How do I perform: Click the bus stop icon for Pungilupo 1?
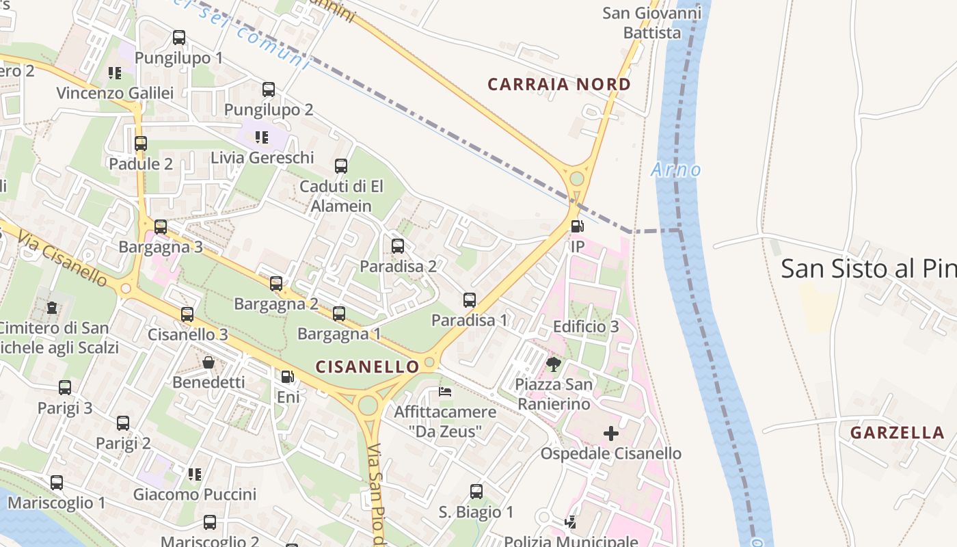point(179,38)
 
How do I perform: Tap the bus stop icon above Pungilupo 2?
point(269,90)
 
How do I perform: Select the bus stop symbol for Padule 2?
point(141,144)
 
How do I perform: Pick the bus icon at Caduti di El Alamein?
point(341,166)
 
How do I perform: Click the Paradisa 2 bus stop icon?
point(398,246)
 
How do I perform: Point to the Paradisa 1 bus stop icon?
point(470,300)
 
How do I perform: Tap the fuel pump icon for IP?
point(578,226)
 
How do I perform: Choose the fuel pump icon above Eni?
point(288,377)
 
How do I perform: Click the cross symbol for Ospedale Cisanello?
point(611,433)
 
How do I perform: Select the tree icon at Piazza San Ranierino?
point(554,364)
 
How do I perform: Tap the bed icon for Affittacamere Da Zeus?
point(445,392)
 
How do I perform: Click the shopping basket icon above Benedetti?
point(208,362)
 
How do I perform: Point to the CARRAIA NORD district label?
point(559,85)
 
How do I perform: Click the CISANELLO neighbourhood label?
point(367,367)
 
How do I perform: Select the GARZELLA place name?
point(898,433)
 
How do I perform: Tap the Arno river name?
point(676,170)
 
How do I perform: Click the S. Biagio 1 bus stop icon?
point(476,492)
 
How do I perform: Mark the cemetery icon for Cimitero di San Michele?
point(52,308)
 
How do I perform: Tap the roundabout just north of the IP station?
point(577,178)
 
